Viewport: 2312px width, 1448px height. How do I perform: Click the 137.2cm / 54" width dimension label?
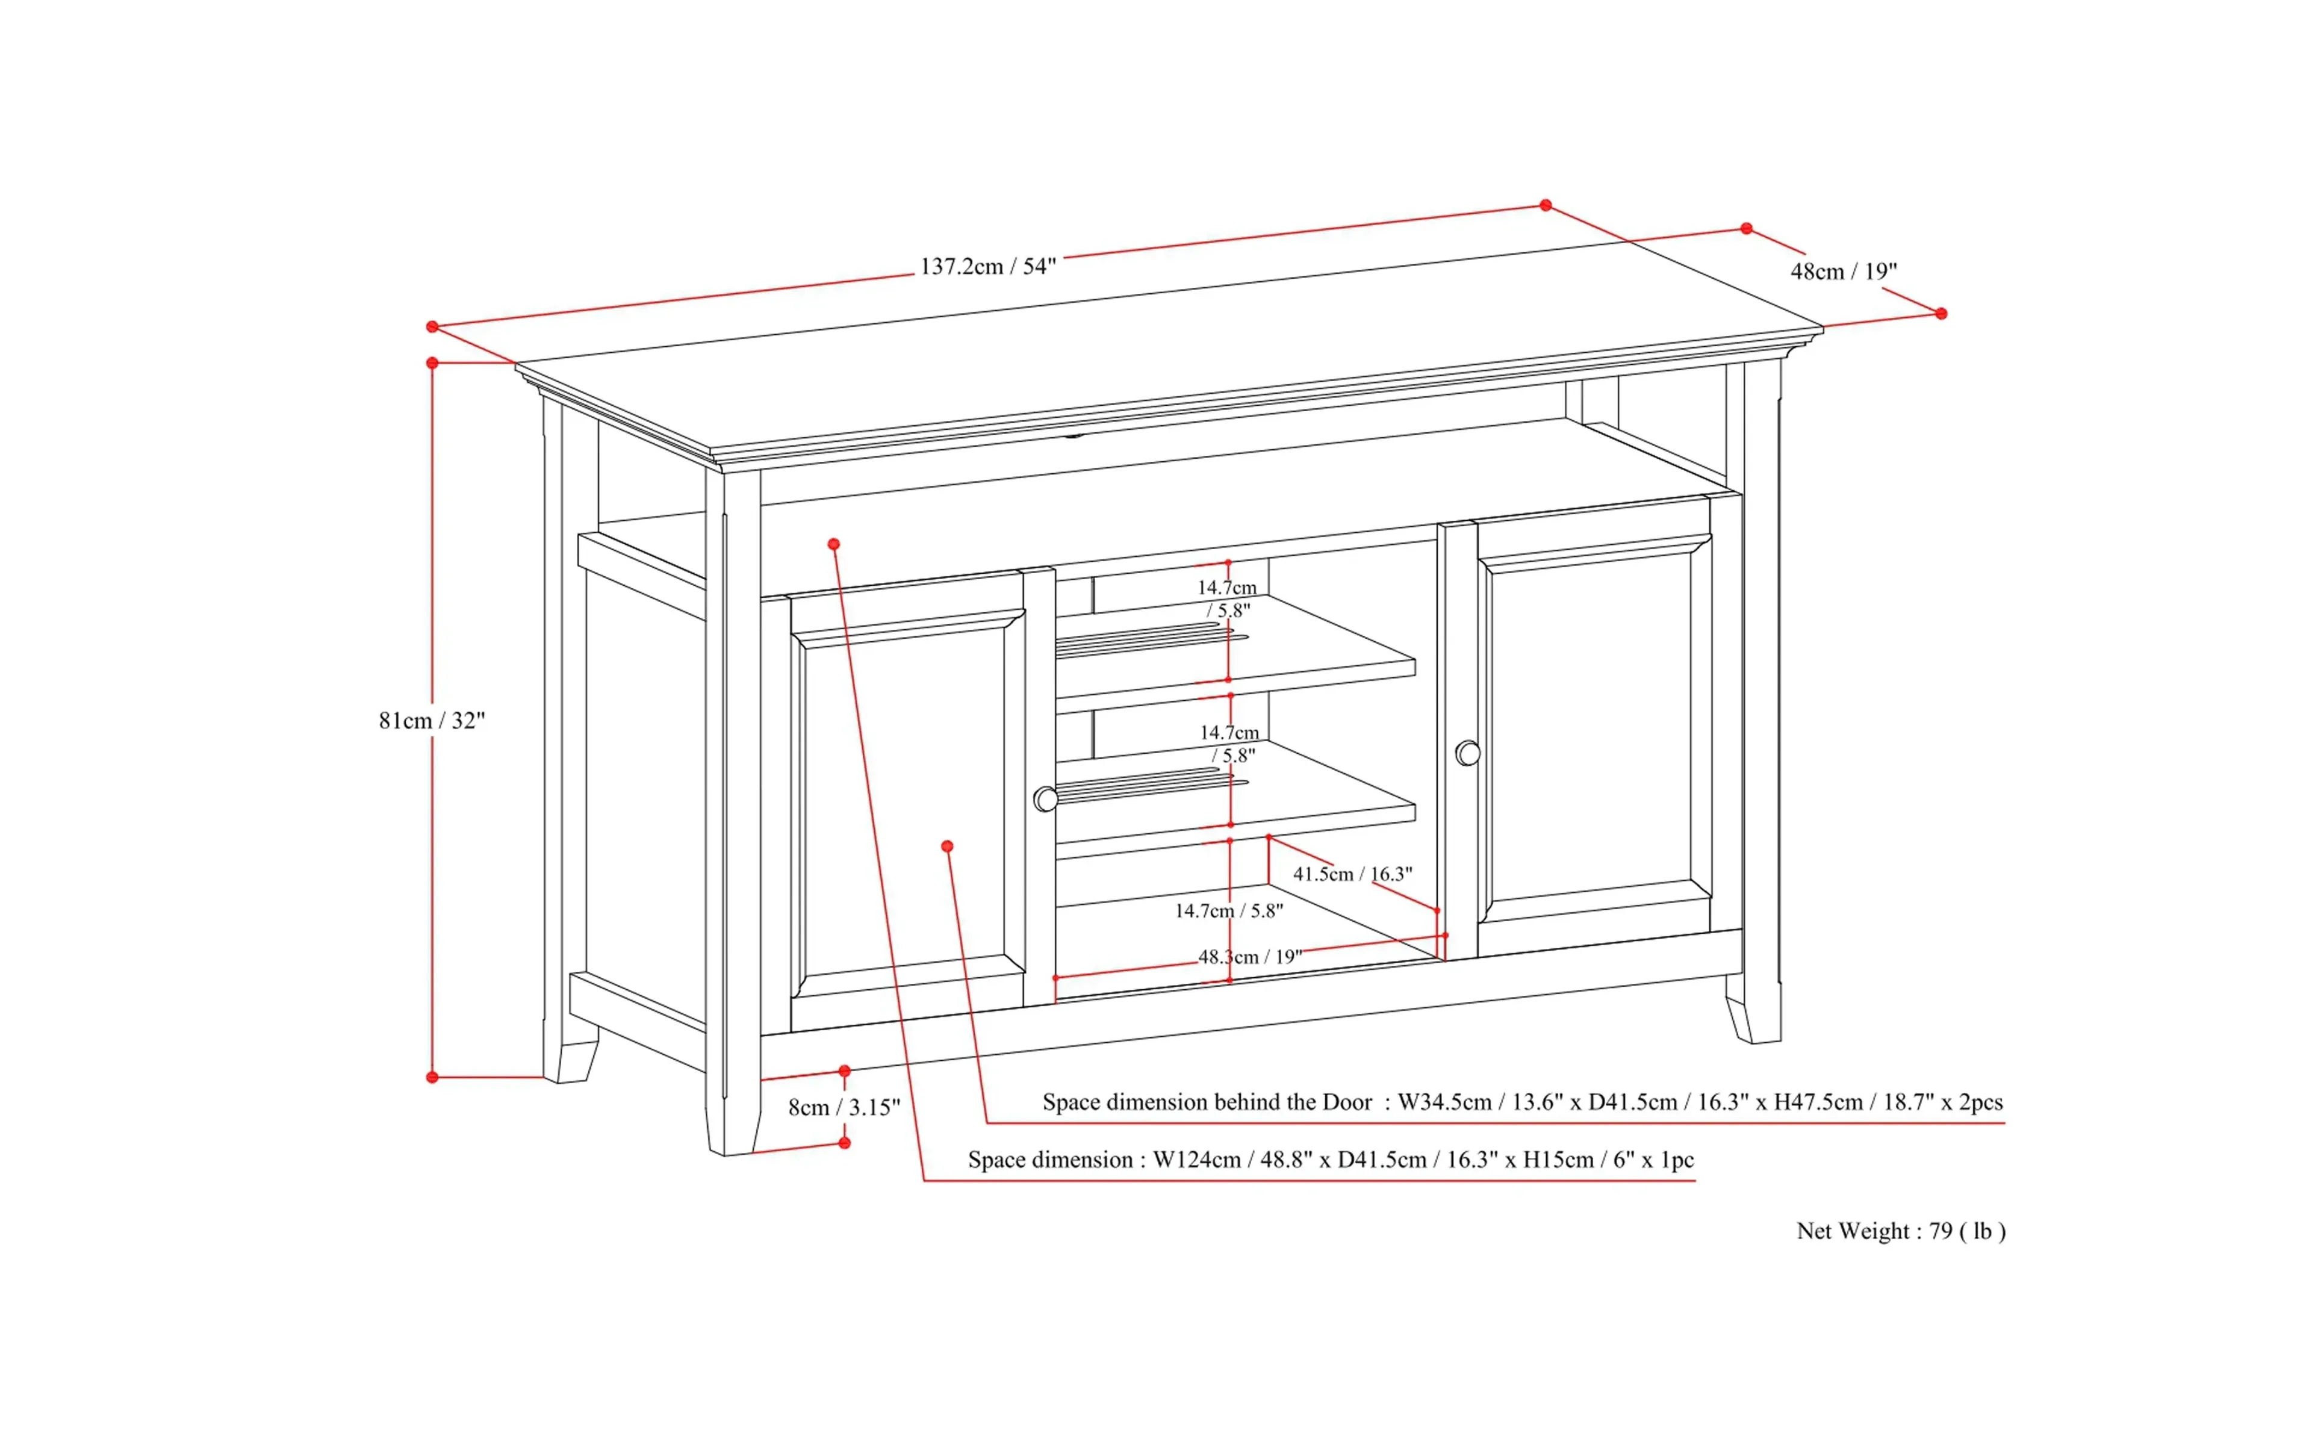click(x=987, y=266)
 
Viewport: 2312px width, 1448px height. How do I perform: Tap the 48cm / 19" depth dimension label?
click(x=1843, y=272)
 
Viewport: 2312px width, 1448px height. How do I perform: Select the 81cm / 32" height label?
click(x=432, y=720)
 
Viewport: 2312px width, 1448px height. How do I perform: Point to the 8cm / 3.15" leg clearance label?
click(x=844, y=1107)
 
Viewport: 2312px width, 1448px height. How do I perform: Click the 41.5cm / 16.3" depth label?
click(x=1352, y=874)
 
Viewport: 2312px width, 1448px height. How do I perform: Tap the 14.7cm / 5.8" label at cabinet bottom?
click(x=1229, y=911)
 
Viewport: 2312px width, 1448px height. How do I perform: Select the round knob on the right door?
click(x=1467, y=754)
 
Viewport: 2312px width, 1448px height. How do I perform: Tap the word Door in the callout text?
click(x=1347, y=1102)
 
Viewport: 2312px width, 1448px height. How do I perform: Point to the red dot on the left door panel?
click(x=947, y=847)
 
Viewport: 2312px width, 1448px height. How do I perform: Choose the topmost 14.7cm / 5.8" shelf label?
click(x=1227, y=598)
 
